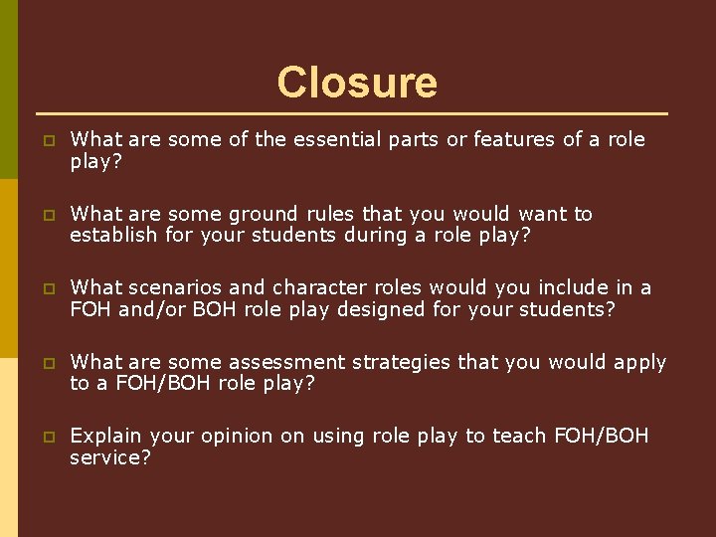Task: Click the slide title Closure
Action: pyautogui.click(x=357, y=82)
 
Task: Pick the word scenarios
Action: pyautogui.click(x=176, y=287)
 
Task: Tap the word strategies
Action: pyautogui.click(x=401, y=362)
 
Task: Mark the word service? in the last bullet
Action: pyautogui.click(x=109, y=457)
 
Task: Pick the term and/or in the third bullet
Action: pyautogui.click(x=150, y=308)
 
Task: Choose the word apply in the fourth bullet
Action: pyautogui.click(x=639, y=362)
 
